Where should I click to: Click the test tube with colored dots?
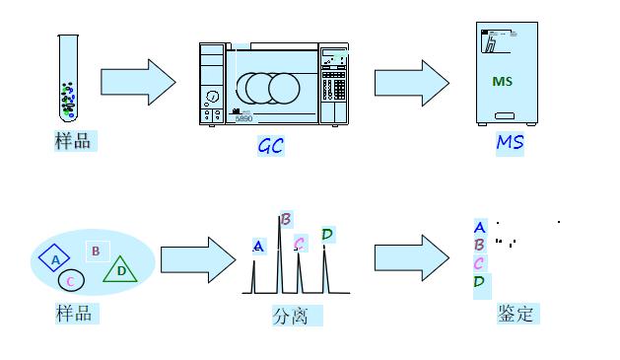(x=68, y=78)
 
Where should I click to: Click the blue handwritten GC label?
(x=270, y=146)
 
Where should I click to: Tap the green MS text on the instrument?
(x=502, y=82)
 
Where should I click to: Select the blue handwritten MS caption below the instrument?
(x=510, y=142)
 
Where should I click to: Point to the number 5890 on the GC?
(x=243, y=118)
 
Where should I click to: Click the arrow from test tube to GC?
(x=138, y=82)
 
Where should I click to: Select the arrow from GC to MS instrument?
(x=412, y=83)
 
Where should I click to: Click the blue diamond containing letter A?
(x=54, y=258)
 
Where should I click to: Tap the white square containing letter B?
(x=98, y=252)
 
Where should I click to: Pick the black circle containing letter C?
(x=71, y=280)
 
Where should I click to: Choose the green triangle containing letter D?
(x=120, y=269)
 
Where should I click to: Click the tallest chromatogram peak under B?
(x=280, y=254)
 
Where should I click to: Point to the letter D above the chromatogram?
(x=327, y=234)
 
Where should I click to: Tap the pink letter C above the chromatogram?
(x=300, y=243)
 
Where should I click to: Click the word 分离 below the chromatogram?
(x=290, y=316)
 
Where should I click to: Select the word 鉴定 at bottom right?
(x=516, y=314)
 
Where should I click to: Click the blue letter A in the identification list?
(x=480, y=227)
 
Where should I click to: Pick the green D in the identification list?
(x=479, y=282)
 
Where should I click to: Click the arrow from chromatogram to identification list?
(x=412, y=258)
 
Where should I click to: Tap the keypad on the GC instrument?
(x=334, y=85)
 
